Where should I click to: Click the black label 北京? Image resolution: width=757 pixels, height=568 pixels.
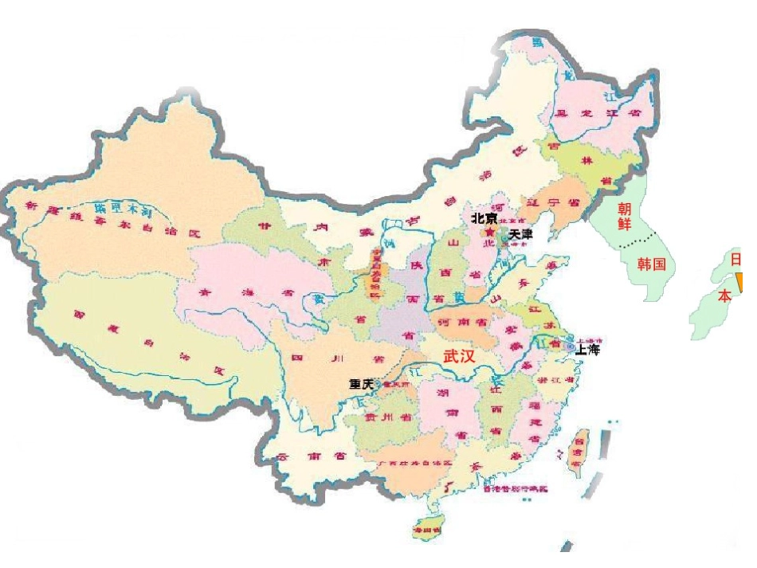pyautogui.click(x=484, y=217)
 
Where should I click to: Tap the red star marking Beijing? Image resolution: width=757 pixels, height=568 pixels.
pyautogui.click(x=489, y=231)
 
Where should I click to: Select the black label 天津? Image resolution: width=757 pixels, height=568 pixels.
pyautogui.click(x=520, y=234)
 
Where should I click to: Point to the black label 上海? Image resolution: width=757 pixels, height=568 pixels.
pyautogui.click(x=588, y=349)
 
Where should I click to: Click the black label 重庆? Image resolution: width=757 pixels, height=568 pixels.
pyautogui.click(x=362, y=384)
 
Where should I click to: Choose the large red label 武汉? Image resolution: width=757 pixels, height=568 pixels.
pyautogui.click(x=460, y=356)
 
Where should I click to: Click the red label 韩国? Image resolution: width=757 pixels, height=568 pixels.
pyautogui.click(x=651, y=264)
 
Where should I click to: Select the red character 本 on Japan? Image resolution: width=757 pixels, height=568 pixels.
pyautogui.click(x=724, y=296)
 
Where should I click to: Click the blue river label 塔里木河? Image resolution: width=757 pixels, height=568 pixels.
pyautogui.click(x=123, y=209)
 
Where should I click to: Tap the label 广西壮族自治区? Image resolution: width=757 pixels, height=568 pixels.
pyautogui.click(x=414, y=464)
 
